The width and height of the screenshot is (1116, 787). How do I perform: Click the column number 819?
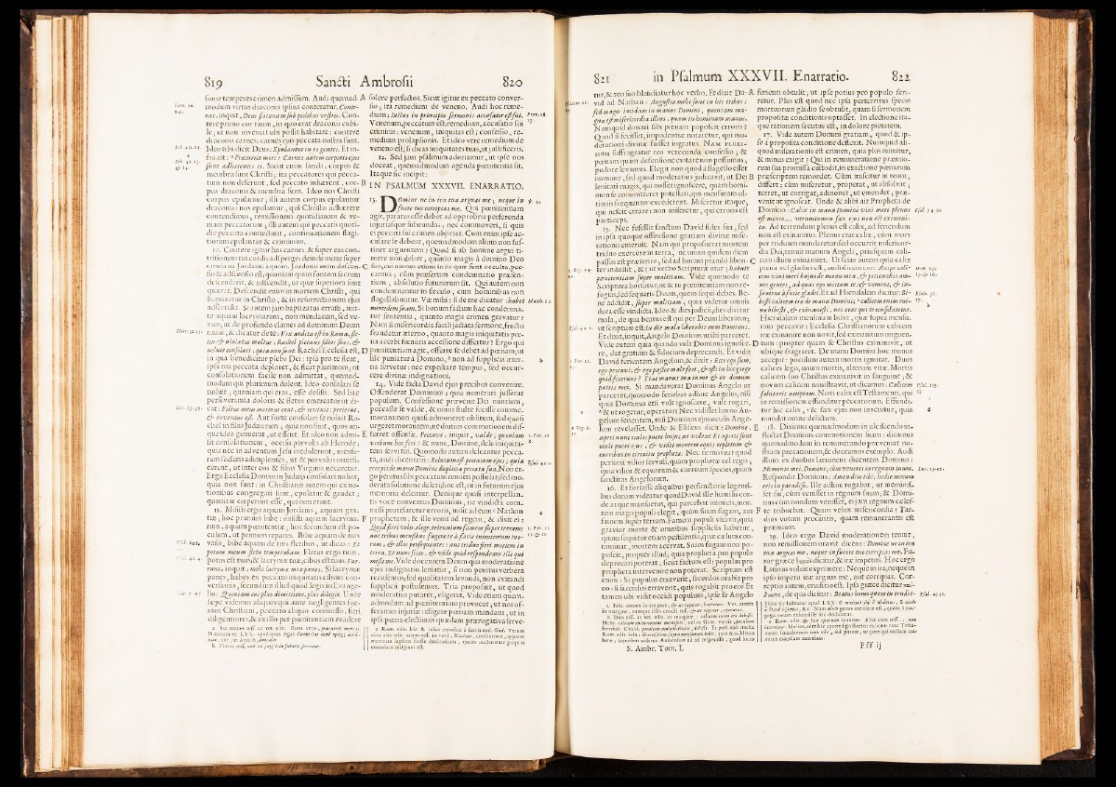coord(218,79)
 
